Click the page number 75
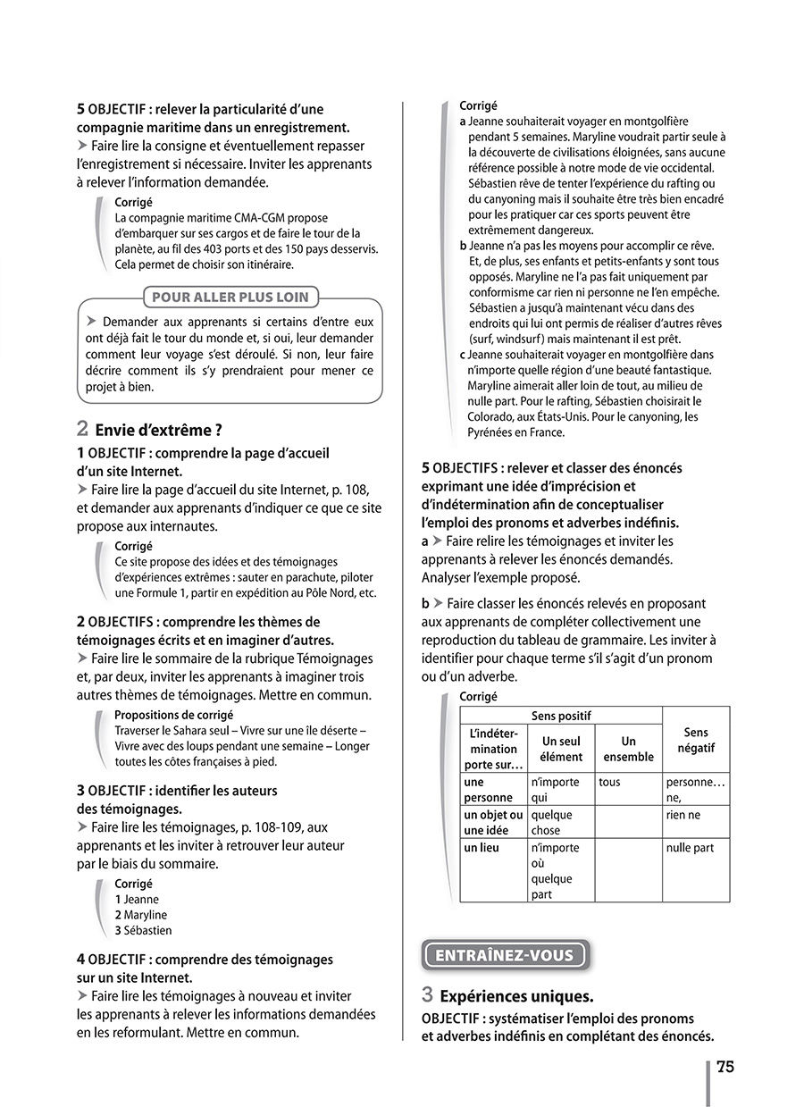[x=724, y=1068]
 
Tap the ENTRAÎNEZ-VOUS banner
[x=504, y=955]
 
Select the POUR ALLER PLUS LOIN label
[x=230, y=298]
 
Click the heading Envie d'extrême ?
[x=158, y=429]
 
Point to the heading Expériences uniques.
[x=516, y=995]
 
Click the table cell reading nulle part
[x=690, y=848]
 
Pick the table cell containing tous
[x=610, y=782]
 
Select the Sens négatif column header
[x=696, y=740]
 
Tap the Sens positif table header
[x=561, y=716]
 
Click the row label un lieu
[x=482, y=848]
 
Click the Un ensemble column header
[x=628, y=749]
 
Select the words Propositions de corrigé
[x=173, y=715]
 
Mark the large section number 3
[x=428, y=994]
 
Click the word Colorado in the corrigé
[x=494, y=416]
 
